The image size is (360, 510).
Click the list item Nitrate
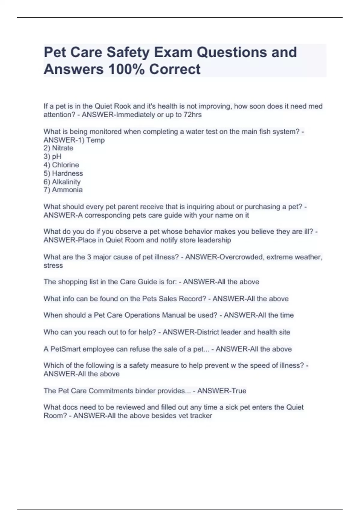pyautogui.click(x=62, y=148)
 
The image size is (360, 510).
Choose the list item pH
pyautogui.click(x=57, y=156)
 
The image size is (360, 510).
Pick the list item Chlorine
pyautogui.click(x=65, y=165)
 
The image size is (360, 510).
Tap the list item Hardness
pyautogui.click(x=67, y=173)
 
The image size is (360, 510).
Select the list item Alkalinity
pyautogui.click(x=66, y=182)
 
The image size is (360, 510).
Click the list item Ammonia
pyautogui.click(x=67, y=190)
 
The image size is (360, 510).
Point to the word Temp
pyautogui.click(x=96, y=140)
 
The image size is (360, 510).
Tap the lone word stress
pyautogui.click(x=53, y=265)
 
